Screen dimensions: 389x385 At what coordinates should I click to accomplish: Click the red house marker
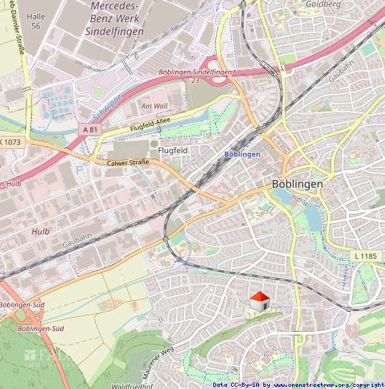(258, 302)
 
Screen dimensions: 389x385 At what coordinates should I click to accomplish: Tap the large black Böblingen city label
(297, 184)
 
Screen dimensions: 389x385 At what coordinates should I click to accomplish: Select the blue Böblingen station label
(242, 154)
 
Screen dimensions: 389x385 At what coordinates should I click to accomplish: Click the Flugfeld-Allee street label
(151, 126)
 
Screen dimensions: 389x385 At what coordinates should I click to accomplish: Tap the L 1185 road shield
(365, 256)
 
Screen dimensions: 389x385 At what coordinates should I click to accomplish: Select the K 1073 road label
(11, 142)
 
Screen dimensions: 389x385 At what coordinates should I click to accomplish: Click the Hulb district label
(40, 232)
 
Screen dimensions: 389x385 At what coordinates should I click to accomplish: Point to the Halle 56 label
(34, 20)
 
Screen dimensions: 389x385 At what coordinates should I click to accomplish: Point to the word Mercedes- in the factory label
(115, 6)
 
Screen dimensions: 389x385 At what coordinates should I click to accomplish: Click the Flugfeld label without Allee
(172, 151)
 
